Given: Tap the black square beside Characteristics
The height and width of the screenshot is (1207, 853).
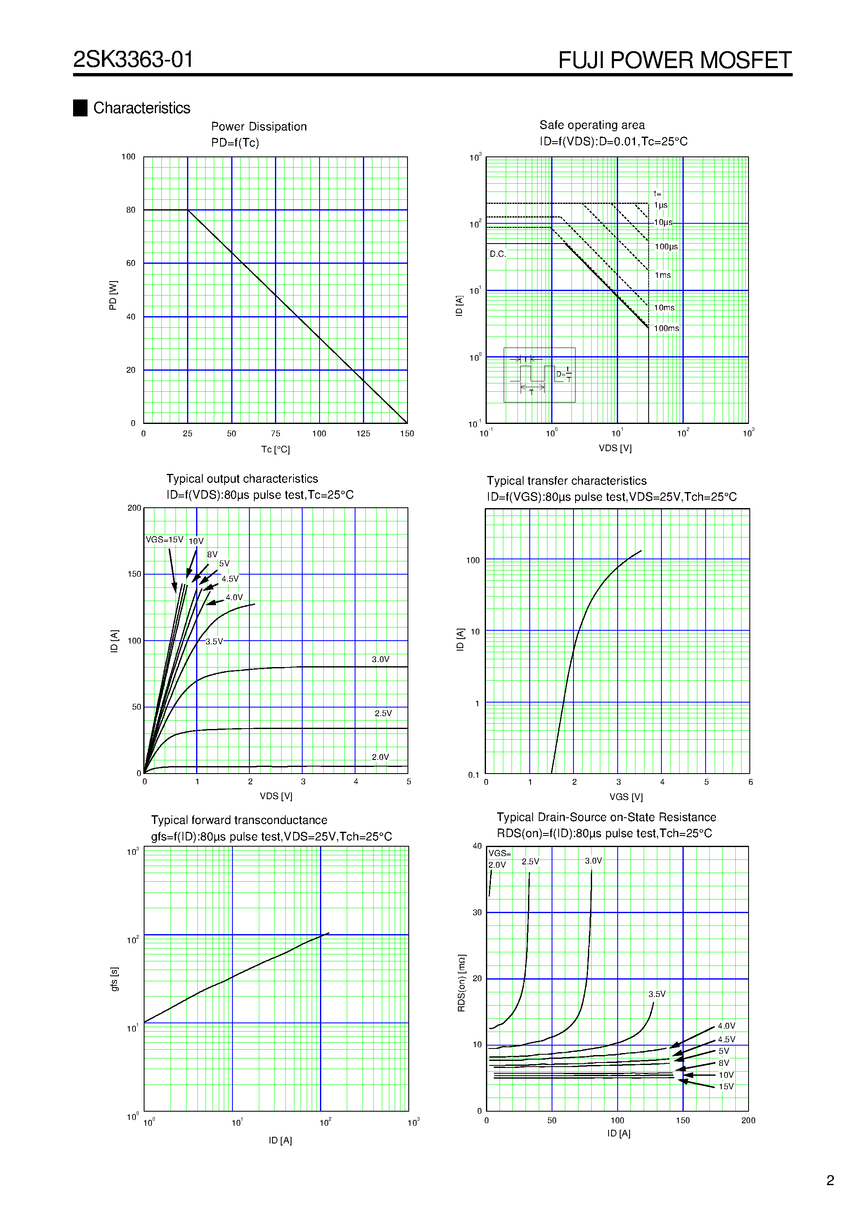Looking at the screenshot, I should [x=80, y=108].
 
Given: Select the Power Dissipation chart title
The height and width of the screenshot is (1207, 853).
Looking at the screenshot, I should [x=259, y=127].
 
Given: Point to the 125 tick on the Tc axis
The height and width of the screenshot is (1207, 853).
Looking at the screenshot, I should [x=363, y=434].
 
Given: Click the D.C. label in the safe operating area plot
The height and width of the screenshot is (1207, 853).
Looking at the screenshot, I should [x=498, y=254].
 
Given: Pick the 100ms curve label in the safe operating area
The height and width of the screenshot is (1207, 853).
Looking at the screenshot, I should [x=666, y=329].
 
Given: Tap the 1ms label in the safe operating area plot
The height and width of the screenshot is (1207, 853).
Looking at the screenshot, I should [x=663, y=275].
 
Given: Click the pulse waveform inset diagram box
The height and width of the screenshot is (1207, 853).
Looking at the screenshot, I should [x=539, y=375].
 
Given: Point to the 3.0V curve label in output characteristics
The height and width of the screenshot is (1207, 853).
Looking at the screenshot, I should [x=380, y=659].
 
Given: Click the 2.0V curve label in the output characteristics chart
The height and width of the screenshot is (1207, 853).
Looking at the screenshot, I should [x=380, y=757].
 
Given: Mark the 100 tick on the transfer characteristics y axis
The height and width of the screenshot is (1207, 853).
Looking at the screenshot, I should [x=473, y=561].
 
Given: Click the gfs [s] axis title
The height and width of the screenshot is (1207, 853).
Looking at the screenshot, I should [x=114, y=979].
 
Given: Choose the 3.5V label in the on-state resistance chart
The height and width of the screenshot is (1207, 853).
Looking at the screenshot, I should [x=657, y=994].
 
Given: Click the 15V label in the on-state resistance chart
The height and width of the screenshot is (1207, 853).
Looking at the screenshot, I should [x=726, y=1086].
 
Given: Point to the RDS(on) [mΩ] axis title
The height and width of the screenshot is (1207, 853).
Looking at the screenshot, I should [x=461, y=983].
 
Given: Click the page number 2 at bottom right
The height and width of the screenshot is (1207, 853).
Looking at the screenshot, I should [x=830, y=1181].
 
